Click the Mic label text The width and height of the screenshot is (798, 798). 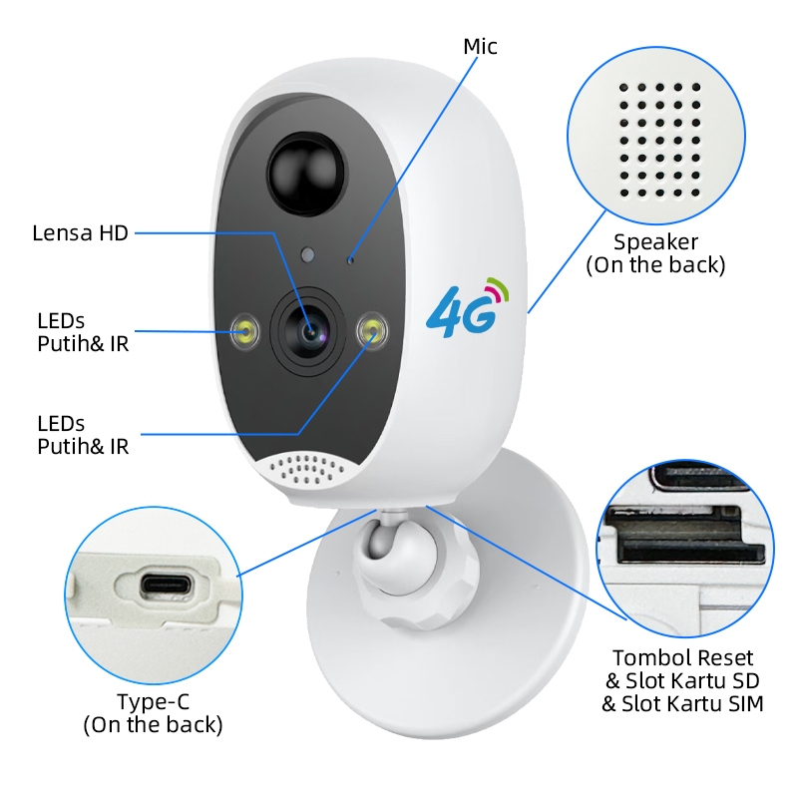[x=480, y=46]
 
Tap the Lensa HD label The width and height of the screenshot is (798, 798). [x=81, y=233]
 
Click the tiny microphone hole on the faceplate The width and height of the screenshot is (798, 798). [x=350, y=257]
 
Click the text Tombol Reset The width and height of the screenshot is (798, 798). [x=682, y=658]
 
